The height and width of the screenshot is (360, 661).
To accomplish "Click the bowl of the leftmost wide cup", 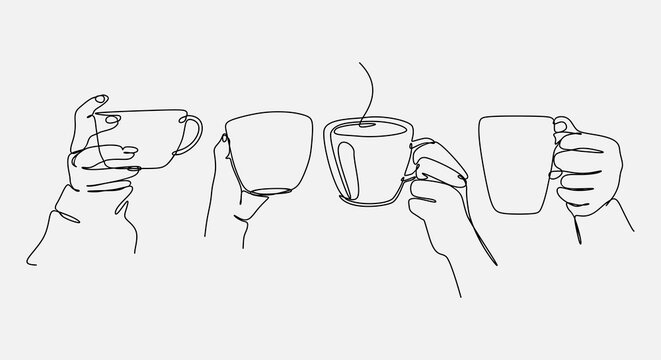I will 150,135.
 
